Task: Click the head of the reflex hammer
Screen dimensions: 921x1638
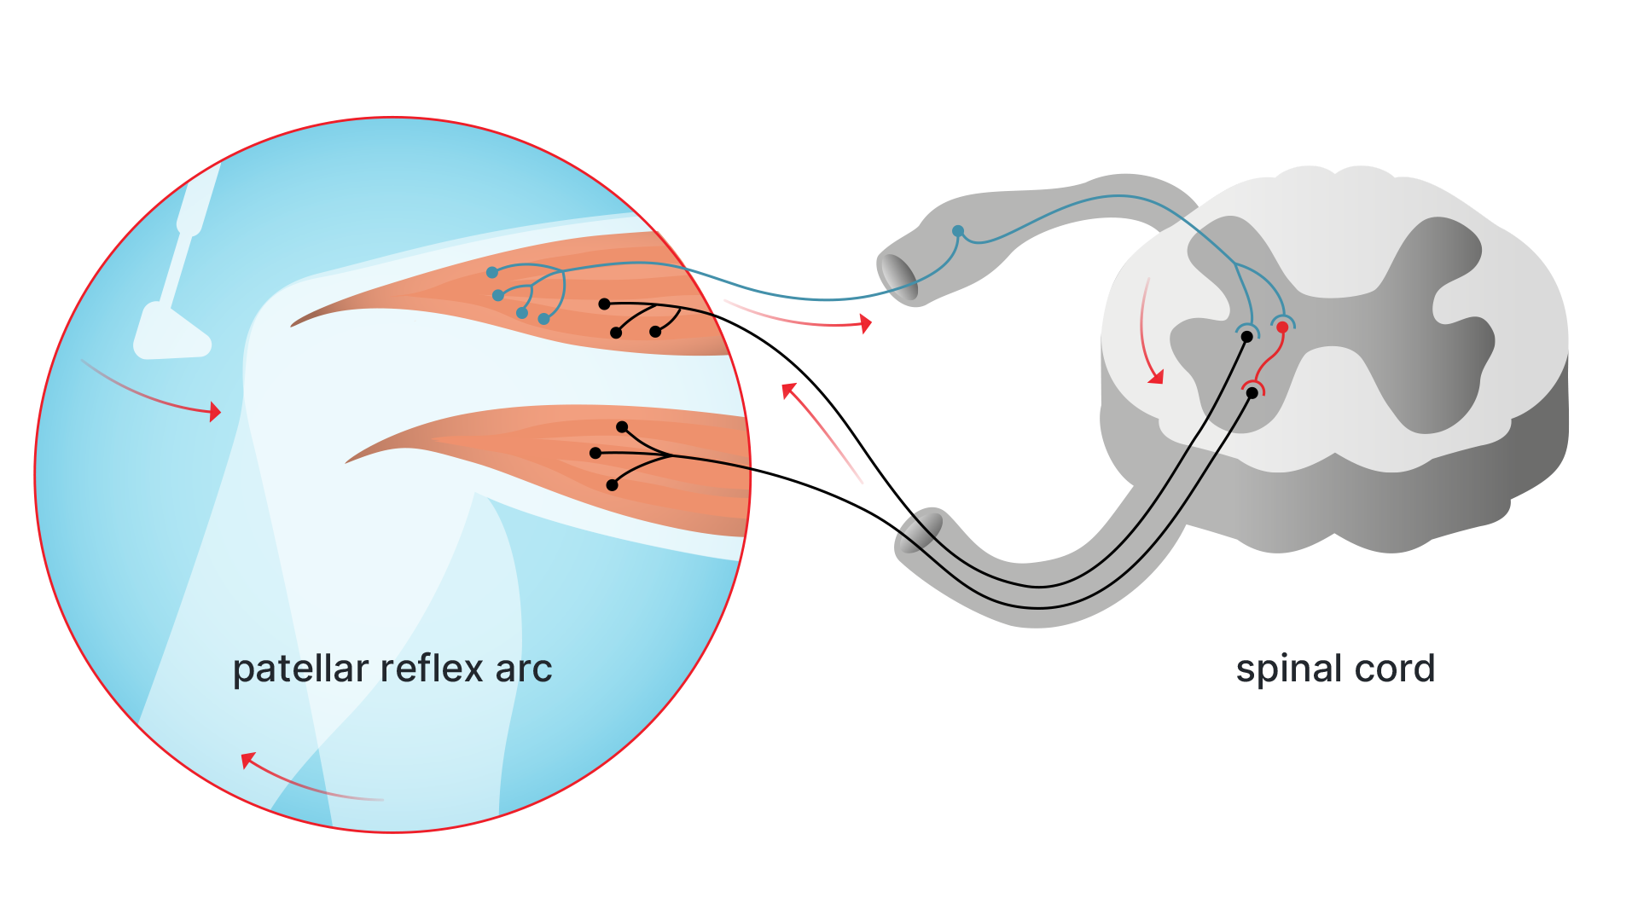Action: pyautogui.click(x=171, y=334)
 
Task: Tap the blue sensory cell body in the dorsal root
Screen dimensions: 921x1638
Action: pyautogui.click(x=958, y=231)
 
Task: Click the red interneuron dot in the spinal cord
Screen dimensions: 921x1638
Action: pyautogui.click(x=1282, y=327)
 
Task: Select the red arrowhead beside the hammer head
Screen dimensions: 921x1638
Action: pyautogui.click(x=216, y=413)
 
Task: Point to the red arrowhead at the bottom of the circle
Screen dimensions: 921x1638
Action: pyautogui.click(x=248, y=759)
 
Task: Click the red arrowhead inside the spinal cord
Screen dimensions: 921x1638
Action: pyautogui.click(x=1156, y=376)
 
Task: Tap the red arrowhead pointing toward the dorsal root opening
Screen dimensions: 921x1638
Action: pyautogui.click(x=866, y=324)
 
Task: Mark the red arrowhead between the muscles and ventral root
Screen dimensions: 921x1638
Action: pyautogui.click(x=789, y=391)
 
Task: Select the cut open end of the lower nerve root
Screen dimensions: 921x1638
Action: pyautogui.click(x=920, y=530)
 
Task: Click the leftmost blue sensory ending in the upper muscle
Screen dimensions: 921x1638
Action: pyautogui.click(x=492, y=273)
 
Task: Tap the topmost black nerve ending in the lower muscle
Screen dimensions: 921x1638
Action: pyautogui.click(x=622, y=426)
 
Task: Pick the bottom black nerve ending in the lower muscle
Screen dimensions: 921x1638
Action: pyautogui.click(x=612, y=485)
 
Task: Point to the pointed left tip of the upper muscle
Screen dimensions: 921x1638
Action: pyautogui.click(x=294, y=325)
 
